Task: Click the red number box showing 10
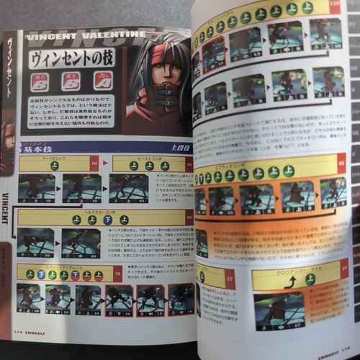click(x=94, y=165)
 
